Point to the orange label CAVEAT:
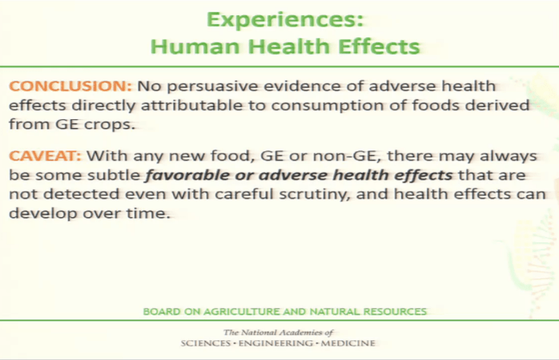45,156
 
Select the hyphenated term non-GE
333,156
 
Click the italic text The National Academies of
278,333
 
